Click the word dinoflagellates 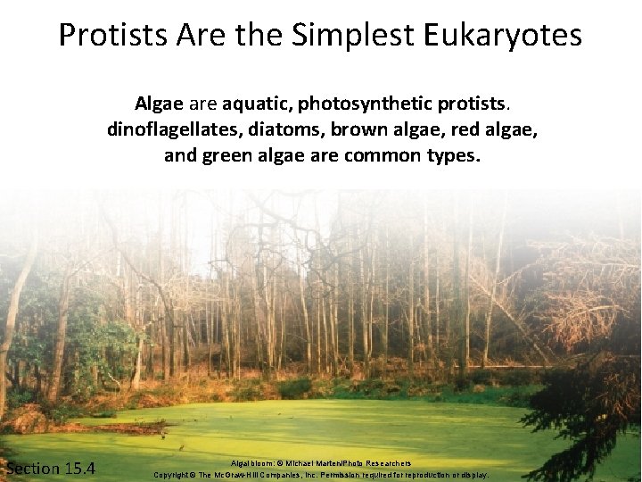pos(163,129)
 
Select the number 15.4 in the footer pos(78,469)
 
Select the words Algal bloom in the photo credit pos(251,463)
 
